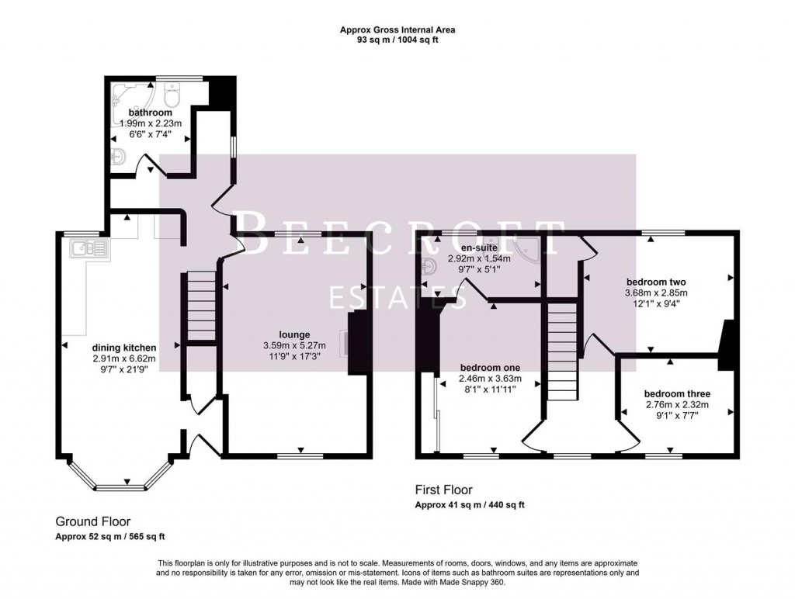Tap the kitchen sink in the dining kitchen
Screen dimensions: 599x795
87,249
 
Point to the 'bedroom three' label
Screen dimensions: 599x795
677,393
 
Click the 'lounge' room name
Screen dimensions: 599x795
295,335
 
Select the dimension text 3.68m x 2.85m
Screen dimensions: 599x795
656,293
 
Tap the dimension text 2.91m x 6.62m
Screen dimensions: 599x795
124,358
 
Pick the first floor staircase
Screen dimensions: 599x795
563,349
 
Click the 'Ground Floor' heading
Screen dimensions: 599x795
92,521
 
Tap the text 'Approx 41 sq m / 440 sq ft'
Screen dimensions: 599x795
470,505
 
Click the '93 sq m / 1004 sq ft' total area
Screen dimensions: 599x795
397,40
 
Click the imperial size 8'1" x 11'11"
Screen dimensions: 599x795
490,390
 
